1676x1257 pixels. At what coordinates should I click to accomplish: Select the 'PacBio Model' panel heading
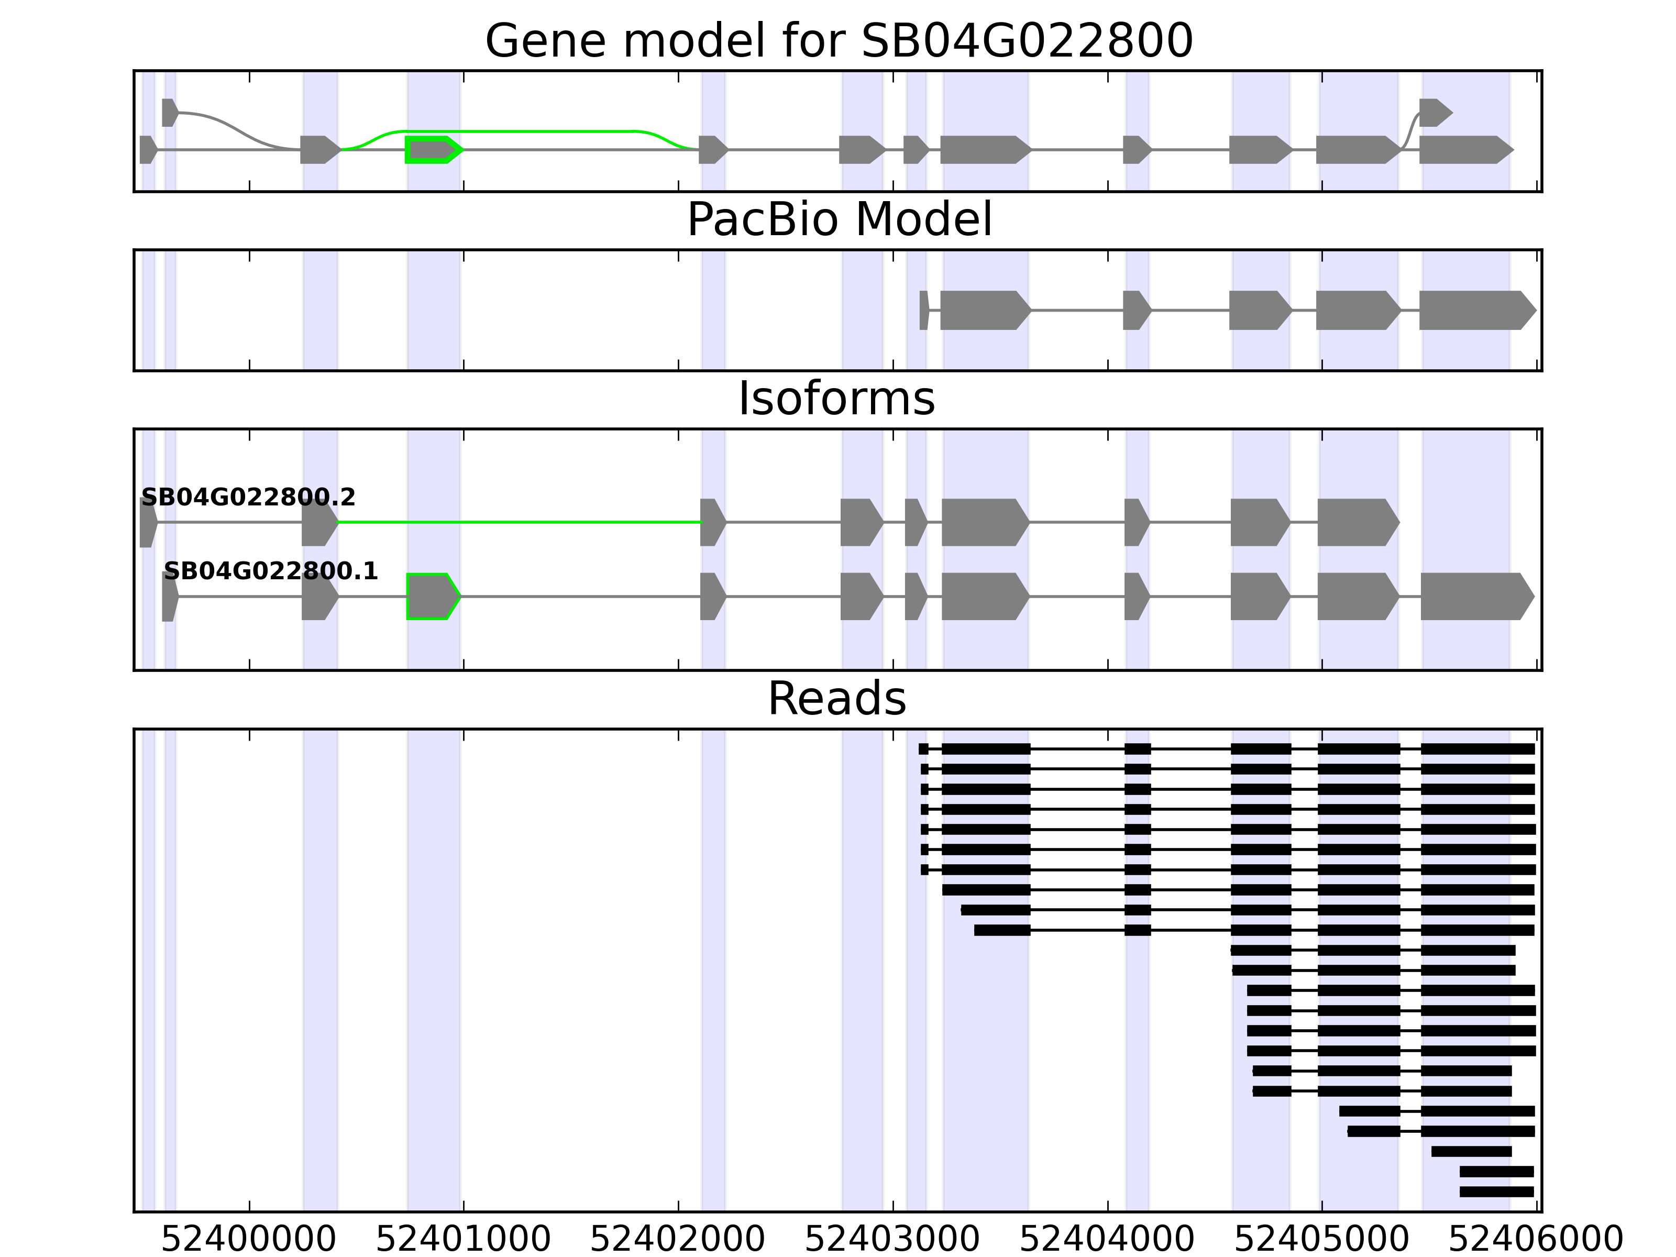tap(839, 220)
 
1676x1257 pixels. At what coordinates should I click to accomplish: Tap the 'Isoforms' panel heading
tap(836, 399)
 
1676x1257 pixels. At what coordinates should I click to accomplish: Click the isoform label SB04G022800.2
tap(249, 497)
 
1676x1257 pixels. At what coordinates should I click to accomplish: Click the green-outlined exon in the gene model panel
tap(433, 150)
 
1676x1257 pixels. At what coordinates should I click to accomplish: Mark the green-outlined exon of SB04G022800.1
tap(432, 597)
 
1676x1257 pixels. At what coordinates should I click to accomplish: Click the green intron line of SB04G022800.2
tap(520, 522)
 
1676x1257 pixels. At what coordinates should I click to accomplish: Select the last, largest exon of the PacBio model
tap(1474, 310)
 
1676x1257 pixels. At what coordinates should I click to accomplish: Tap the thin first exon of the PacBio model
tap(923, 310)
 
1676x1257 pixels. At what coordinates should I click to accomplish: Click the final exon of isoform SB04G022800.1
tap(1474, 597)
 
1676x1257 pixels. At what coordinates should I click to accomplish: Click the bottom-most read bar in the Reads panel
tap(1496, 1192)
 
